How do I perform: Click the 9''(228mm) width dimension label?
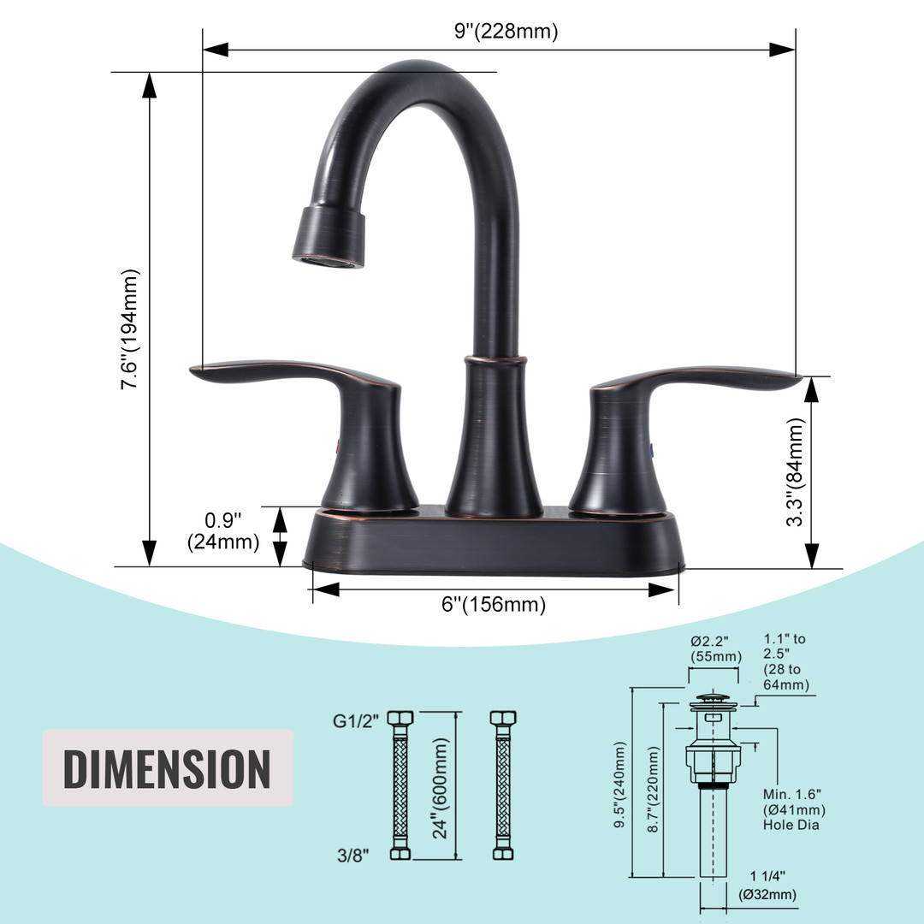(x=506, y=31)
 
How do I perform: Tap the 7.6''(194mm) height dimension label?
(x=130, y=329)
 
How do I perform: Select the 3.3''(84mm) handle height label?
(x=795, y=471)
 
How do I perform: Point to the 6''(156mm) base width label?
(x=494, y=604)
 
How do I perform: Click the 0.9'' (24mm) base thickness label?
(x=223, y=531)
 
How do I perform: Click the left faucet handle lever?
(x=294, y=374)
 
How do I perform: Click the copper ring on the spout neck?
(x=495, y=359)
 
